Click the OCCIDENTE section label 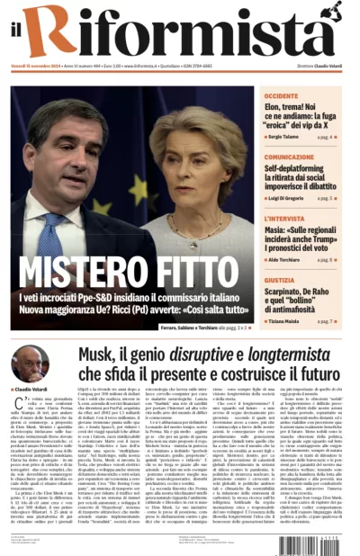click(x=282, y=95)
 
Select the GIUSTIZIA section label click(x=280, y=280)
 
